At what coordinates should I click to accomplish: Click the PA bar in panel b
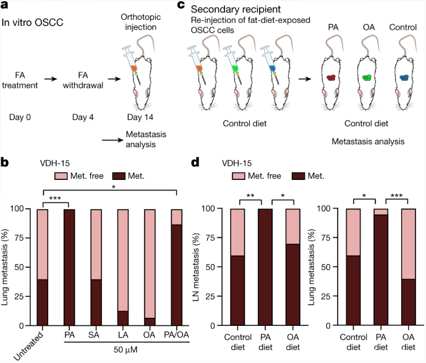click(69, 267)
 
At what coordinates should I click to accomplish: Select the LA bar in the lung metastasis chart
click(123, 267)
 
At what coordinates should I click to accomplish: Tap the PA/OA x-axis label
click(176, 335)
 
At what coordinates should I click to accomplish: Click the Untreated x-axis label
click(28, 346)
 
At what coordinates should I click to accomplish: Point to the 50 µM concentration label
click(126, 349)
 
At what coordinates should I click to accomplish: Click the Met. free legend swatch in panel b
click(61, 176)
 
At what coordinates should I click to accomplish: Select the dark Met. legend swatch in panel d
click(298, 176)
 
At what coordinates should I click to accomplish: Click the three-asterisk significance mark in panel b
click(55, 199)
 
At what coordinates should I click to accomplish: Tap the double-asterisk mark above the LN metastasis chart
click(250, 195)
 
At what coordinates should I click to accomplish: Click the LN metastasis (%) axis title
click(197, 267)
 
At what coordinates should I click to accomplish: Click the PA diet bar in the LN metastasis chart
click(265, 267)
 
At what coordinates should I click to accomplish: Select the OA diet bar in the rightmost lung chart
click(409, 267)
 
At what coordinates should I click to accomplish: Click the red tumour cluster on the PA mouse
click(331, 78)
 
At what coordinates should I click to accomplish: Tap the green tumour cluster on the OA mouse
click(367, 78)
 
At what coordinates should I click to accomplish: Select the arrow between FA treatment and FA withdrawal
click(51, 79)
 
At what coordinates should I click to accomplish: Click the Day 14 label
click(140, 117)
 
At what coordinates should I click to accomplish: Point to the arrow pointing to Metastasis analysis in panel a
click(113, 140)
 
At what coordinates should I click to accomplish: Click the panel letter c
click(181, 5)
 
